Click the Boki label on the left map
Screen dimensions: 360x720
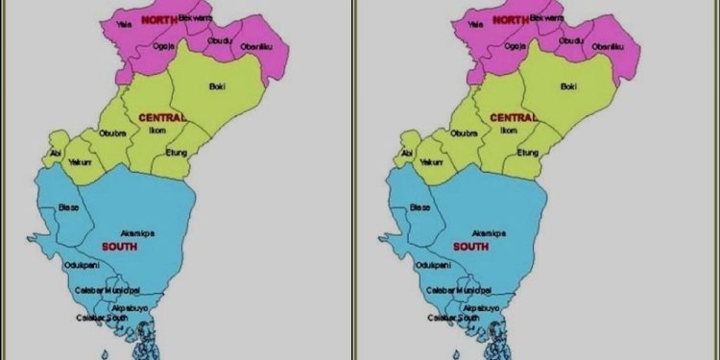[x=218, y=86]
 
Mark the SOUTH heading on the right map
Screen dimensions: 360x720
[x=470, y=247]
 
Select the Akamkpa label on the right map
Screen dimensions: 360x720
[x=491, y=232]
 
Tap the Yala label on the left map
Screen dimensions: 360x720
[x=123, y=21]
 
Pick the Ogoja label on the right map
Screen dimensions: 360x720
[x=516, y=44]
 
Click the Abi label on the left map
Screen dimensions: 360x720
[x=57, y=152]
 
